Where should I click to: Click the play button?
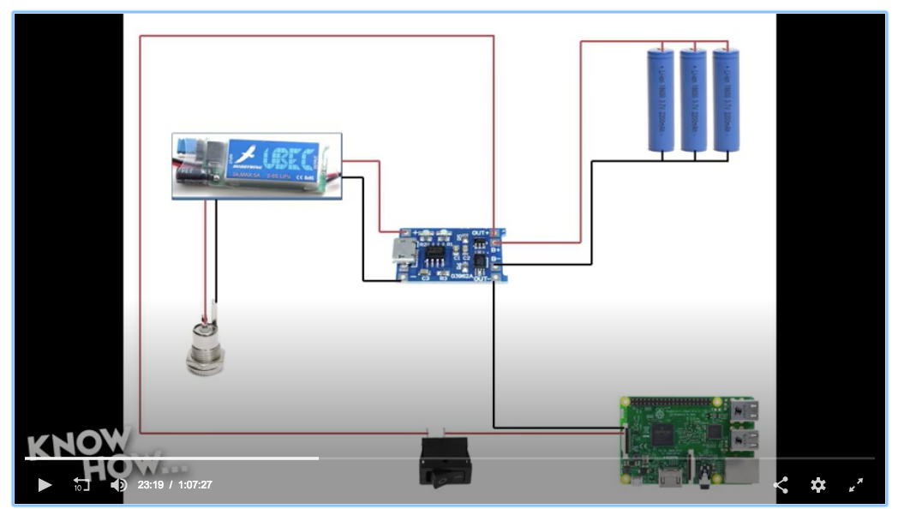click(45, 485)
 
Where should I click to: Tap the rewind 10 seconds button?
click(81, 485)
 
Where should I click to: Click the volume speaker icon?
click(118, 485)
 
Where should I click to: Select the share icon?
click(781, 485)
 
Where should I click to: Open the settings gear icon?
click(818, 485)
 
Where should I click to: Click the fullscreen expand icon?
click(856, 485)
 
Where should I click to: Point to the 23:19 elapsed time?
click(150, 485)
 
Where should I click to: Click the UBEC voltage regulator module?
click(256, 165)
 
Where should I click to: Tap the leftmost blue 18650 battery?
click(660, 100)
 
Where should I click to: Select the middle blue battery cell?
click(693, 100)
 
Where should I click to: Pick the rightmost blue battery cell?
click(727, 100)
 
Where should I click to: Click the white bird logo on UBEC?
click(248, 156)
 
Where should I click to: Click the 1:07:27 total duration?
click(195, 485)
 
